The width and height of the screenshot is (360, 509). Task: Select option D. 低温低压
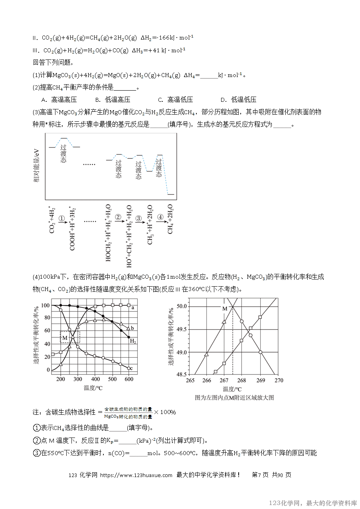[x=238, y=100]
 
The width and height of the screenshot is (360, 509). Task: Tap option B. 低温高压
[x=113, y=100]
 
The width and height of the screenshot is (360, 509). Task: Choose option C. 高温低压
[x=176, y=100]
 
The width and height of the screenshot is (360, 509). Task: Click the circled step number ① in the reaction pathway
[x=61, y=219]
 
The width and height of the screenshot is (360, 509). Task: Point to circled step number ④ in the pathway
[x=160, y=218]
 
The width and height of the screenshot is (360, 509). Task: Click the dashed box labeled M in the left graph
[x=70, y=337]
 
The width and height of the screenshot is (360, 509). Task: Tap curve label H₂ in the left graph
[x=133, y=341]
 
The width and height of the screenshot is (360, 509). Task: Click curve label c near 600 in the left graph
[x=131, y=368]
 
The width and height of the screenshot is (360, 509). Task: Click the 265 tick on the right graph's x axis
[x=190, y=380]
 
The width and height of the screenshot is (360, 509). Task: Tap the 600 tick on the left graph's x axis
[x=129, y=379]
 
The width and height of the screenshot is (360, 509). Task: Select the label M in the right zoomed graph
[x=224, y=309]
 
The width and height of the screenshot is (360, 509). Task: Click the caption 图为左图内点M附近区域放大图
[x=234, y=398]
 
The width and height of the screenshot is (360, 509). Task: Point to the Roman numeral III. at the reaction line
[x=37, y=50]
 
